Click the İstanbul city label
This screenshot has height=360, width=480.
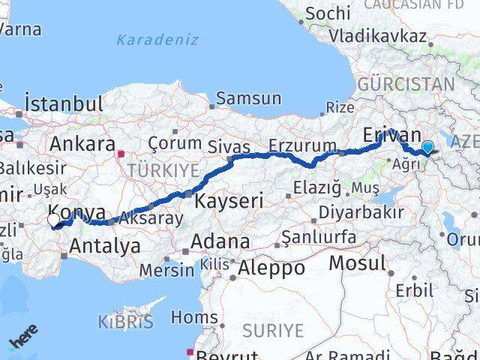(x=63, y=103)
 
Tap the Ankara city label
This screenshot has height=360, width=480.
(x=82, y=143)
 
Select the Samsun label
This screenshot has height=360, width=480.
(x=248, y=98)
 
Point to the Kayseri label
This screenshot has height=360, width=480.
(x=229, y=200)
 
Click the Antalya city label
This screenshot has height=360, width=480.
(x=105, y=245)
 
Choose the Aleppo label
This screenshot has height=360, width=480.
(x=271, y=267)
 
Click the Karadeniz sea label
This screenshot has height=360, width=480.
(x=157, y=40)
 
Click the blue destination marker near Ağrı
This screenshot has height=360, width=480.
(x=428, y=147)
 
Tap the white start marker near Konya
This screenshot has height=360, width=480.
(x=54, y=220)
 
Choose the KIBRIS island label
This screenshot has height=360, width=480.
(x=124, y=323)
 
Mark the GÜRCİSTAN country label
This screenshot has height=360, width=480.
(x=406, y=83)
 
